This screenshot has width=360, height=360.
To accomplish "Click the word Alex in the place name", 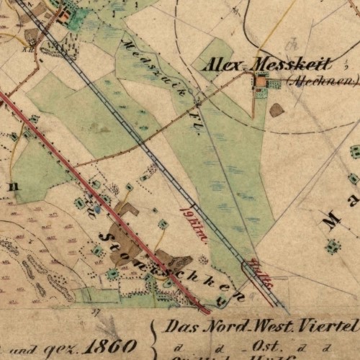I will click(223, 66).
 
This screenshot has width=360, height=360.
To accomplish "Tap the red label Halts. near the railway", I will click(262, 274).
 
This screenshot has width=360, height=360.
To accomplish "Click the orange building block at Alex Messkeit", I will click(261, 83).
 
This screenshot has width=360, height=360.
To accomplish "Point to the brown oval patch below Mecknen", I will click(276, 110).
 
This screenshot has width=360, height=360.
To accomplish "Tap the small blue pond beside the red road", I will click(97, 209).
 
